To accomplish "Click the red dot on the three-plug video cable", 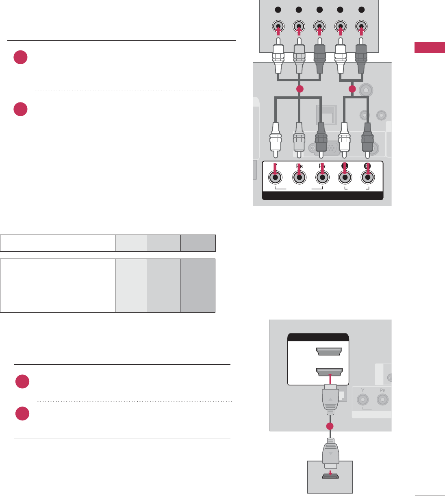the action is click(300, 89).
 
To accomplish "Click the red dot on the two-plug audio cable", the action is click(352, 89).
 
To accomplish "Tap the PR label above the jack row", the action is click(322, 166).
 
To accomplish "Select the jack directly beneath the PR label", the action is click(322, 178).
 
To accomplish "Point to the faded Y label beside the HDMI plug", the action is click(363, 390).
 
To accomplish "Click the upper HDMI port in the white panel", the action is click(329, 351).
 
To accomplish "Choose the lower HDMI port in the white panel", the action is click(329, 372).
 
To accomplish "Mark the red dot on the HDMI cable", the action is click(330, 426).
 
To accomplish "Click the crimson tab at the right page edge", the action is click(430, 47).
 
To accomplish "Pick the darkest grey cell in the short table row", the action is click(198, 243).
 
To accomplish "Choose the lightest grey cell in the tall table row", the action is click(131, 285).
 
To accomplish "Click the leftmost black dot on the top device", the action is click(278, 10).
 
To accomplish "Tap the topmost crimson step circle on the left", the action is click(20, 57).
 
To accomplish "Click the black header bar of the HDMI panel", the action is click(318, 337).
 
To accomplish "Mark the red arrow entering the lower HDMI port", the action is click(330, 379).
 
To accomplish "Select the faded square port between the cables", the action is click(327, 115).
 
